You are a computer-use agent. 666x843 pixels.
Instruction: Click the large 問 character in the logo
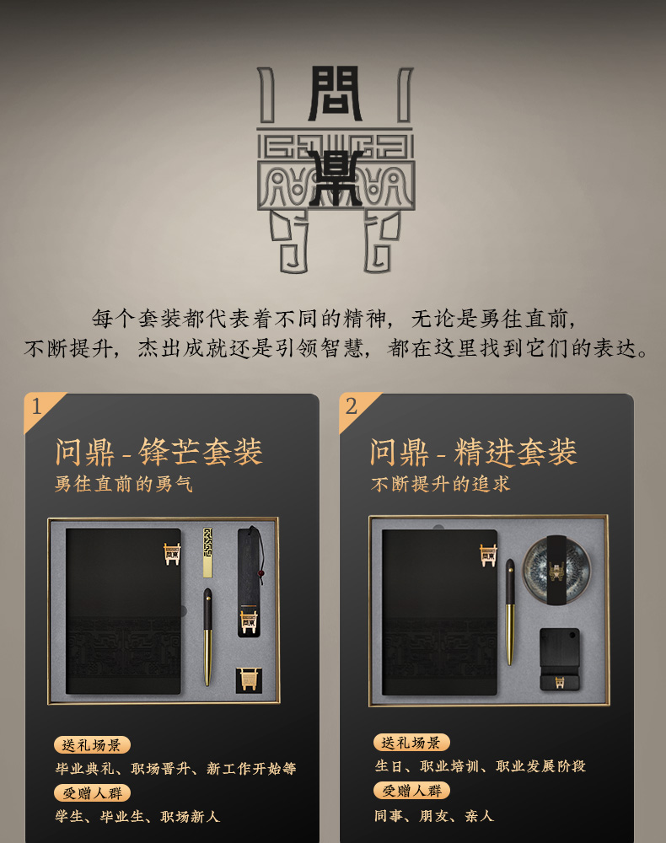pos(336,93)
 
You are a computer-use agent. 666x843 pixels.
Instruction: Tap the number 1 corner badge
pos(39,407)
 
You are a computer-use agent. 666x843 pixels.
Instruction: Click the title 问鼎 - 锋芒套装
pos(159,452)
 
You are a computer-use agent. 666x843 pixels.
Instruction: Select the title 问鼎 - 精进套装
pos(474,452)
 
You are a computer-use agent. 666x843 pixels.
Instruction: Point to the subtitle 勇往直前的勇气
pos(124,484)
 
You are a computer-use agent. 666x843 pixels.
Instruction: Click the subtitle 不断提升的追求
pos(440,484)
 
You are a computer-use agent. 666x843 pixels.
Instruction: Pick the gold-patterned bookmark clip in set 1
pos(208,552)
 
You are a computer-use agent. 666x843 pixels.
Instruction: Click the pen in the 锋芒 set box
pos(207,637)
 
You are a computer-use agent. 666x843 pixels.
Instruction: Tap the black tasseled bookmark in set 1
pos(250,582)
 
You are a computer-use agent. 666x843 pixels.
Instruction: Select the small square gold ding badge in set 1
pos(249,679)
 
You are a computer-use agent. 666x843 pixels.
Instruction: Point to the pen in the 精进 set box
pos(509,612)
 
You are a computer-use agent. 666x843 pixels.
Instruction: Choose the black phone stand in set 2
pos(560,659)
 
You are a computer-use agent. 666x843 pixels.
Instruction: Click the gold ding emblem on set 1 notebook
pos(172,554)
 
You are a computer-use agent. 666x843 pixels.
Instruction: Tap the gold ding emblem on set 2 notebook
pos(488,555)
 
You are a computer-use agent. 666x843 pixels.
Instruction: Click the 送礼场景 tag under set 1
pos(92,744)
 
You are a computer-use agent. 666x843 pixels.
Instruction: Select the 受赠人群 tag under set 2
pos(411,791)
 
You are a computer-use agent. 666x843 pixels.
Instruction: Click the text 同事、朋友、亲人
pos(434,815)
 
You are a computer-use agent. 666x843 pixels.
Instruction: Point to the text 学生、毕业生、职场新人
pos(137,817)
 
